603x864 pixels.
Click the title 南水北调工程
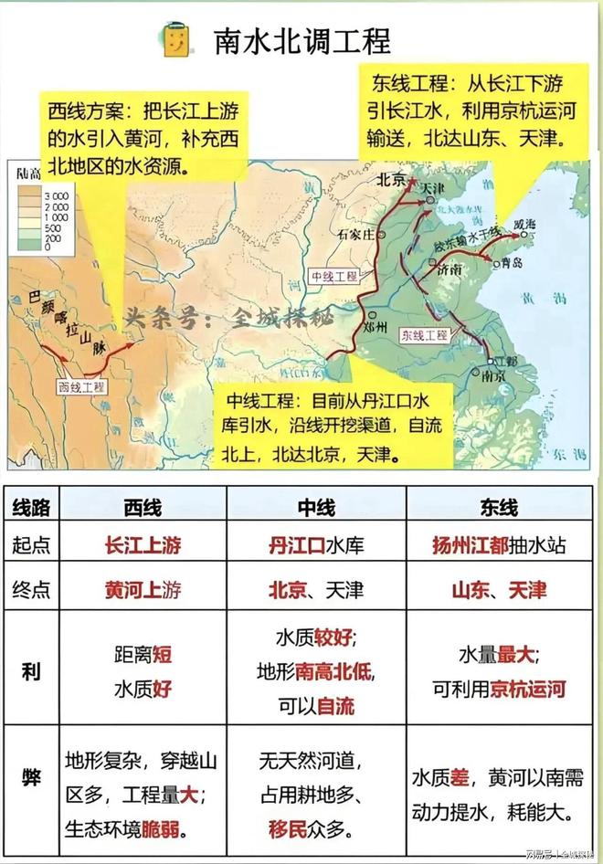(302, 39)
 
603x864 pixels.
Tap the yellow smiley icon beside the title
(176, 40)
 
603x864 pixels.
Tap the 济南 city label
(450, 272)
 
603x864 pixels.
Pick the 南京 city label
(494, 375)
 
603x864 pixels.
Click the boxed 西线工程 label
(81, 387)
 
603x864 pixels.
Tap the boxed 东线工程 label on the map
(424, 335)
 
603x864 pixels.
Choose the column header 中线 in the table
(316, 508)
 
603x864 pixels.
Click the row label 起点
(30, 546)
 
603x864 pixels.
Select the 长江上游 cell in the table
(143, 546)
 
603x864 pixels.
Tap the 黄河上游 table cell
(143, 590)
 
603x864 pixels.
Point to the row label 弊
(30, 782)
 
